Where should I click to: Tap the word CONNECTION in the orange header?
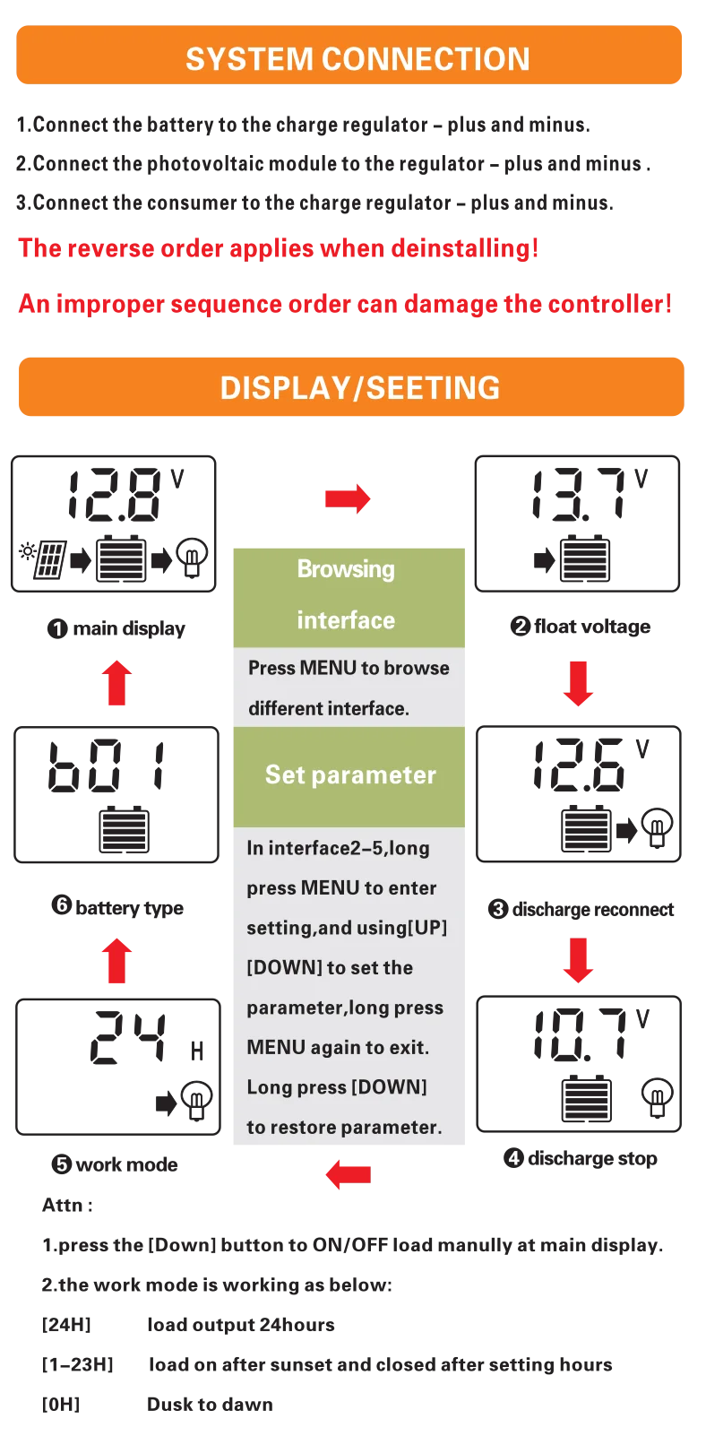coord(426,59)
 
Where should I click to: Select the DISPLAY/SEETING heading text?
coord(360,388)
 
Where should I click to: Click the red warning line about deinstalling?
coord(278,247)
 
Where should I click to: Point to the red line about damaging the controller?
coord(346,304)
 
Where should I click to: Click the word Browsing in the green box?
coord(346,569)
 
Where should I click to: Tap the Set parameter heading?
coord(350,774)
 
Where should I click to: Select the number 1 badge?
coord(57,629)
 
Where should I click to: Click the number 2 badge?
coord(521,626)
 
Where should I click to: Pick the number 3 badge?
coord(498,910)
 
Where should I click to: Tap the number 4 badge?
coord(513,1158)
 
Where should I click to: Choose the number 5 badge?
coord(62,1164)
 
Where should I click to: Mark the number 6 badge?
coord(62,904)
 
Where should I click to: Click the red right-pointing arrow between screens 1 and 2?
coord(348,497)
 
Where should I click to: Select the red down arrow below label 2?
coord(578,685)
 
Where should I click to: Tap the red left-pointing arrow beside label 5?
coord(348,1173)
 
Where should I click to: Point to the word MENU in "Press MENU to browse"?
coord(328,668)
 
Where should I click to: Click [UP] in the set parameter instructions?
coord(427,928)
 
